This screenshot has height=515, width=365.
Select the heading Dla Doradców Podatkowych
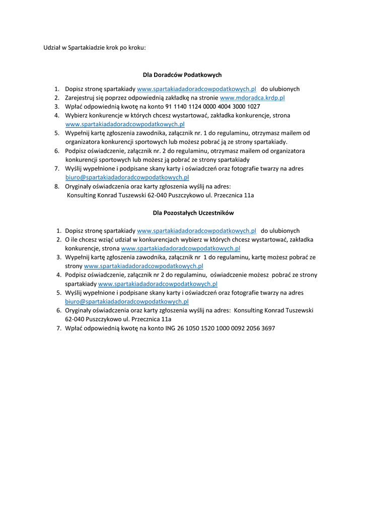(x=182, y=75)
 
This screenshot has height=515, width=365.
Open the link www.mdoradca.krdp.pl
(x=252, y=98)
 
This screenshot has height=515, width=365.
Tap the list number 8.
(x=57, y=186)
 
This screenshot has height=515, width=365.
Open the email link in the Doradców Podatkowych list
(x=127, y=178)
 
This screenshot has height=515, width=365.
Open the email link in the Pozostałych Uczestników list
(x=127, y=301)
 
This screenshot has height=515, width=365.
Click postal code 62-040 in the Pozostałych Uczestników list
(x=75, y=319)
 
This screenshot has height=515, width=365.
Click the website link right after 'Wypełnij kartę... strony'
(x=143, y=266)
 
